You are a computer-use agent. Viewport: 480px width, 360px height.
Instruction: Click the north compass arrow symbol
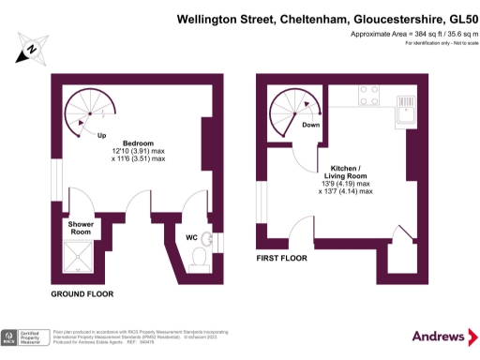click(x=32, y=48)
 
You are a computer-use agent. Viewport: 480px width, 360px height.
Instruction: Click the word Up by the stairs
click(x=101, y=134)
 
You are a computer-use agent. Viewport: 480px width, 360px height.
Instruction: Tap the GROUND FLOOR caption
click(x=82, y=293)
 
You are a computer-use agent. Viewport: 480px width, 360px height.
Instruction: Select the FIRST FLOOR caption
click(x=281, y=255)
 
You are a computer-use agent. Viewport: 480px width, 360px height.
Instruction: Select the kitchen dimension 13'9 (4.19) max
click(x=345, y=183)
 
